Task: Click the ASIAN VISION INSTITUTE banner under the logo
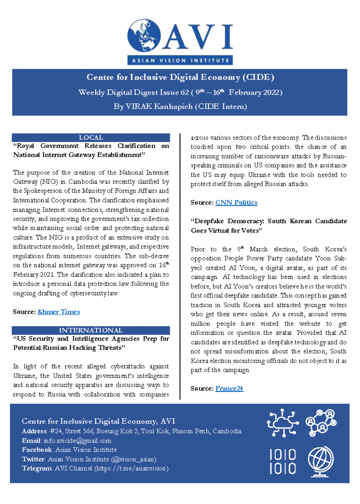[180, 60]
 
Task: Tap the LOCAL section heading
[91, 137]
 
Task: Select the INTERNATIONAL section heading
[91, 330]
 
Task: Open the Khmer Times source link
[59, 312]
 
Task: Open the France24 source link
[229, 388]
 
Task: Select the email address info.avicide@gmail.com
[77, 440]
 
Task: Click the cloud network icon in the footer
[283, 423]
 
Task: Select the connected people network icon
[322, 423]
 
